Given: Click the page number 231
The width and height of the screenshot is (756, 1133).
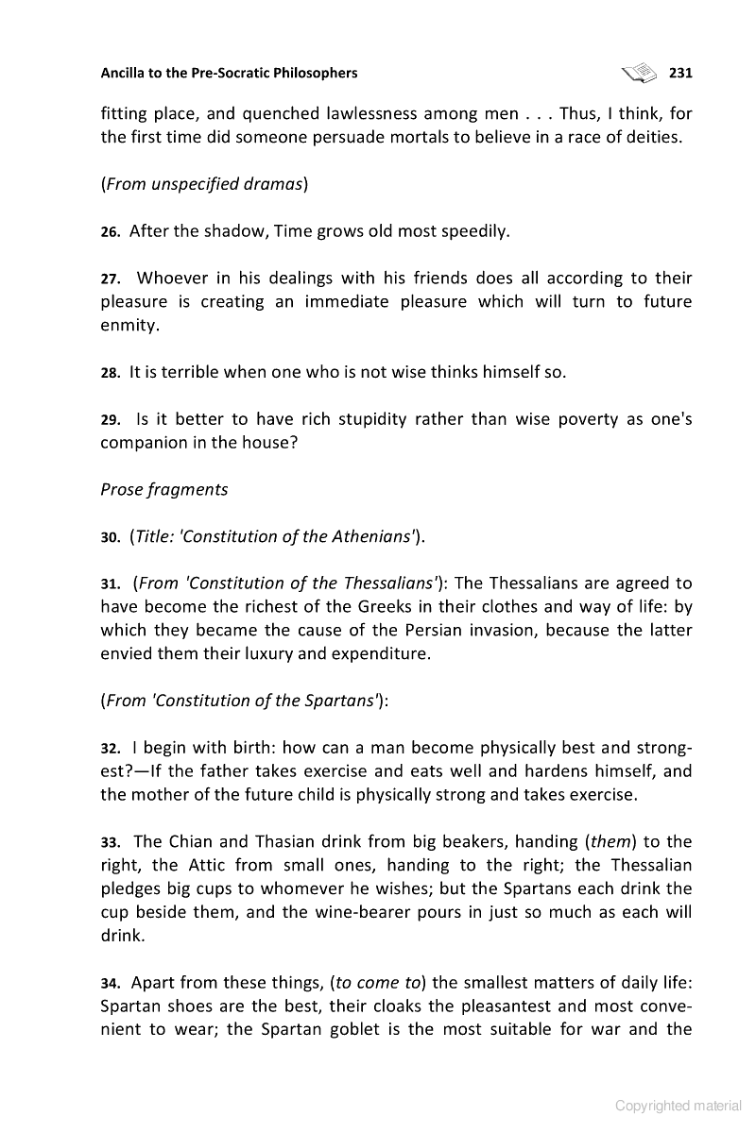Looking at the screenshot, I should tap(680, 73).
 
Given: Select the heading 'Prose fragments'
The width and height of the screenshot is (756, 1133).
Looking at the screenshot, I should tap(164, 489).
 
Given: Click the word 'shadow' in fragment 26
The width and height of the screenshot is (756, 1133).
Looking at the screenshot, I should tap(237, 230).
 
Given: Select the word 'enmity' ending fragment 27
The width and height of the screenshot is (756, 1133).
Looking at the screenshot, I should tap(129, 325).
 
